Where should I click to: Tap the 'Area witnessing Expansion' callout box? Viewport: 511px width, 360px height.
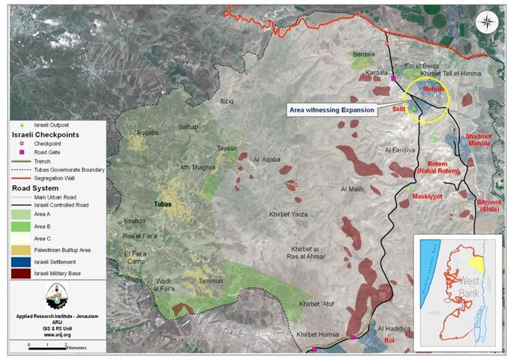coord(332,109)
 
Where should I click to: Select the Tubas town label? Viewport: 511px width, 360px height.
coord(164,204)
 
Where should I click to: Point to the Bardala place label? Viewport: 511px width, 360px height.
coord(364,55)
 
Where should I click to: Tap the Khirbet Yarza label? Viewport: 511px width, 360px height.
coord(289,214)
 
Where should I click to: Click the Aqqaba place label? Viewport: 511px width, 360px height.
coord(147,133)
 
